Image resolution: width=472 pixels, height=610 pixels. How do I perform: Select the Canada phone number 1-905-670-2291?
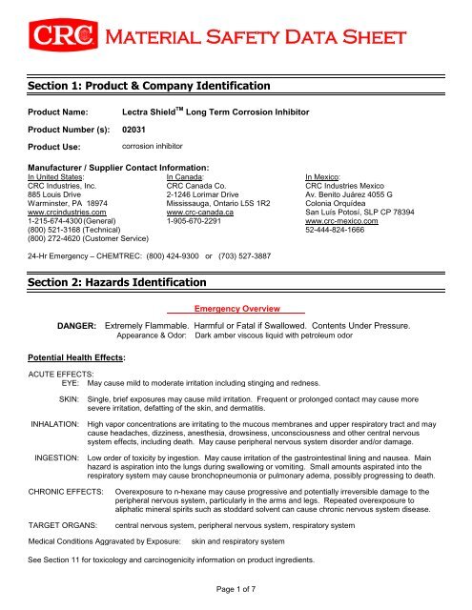[x=201, y=220]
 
